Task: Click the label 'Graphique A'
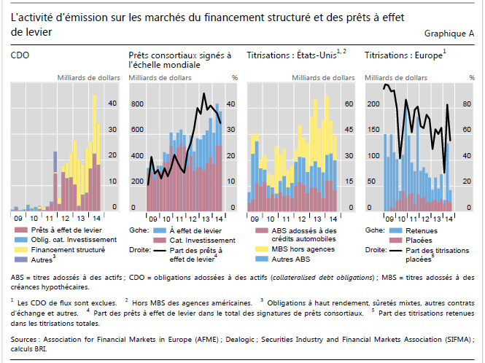pos(449,34)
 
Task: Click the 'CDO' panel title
pos(20,55)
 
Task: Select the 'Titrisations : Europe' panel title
pos(403,55)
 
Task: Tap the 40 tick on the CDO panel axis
pos(112,104)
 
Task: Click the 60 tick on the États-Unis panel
pos(349,104)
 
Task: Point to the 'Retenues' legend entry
pos(420,230)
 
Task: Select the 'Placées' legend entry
pos(418,239)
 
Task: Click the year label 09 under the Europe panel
pos(390,217)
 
